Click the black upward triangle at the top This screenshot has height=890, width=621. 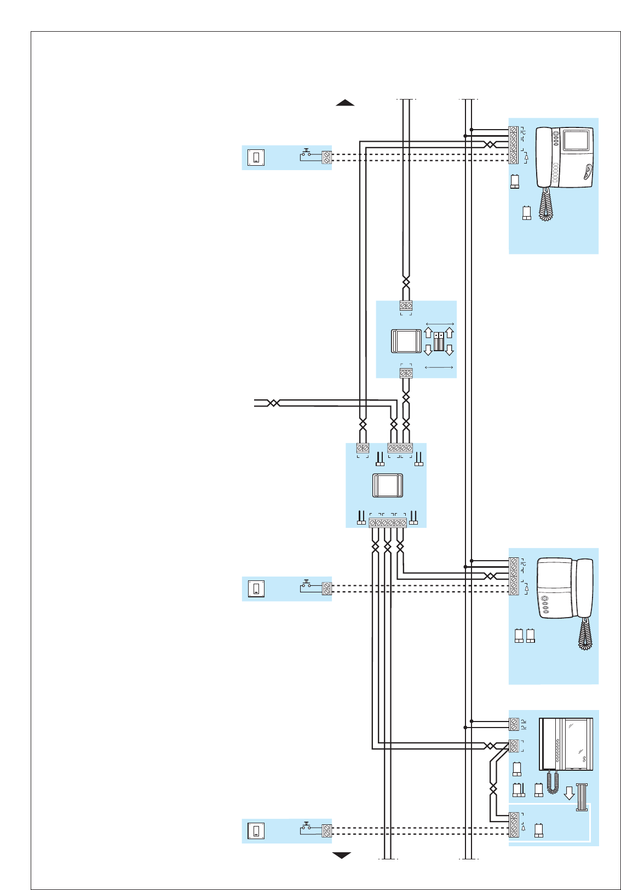click(345, 102)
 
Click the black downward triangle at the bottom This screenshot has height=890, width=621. click(342, 855)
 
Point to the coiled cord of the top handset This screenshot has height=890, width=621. click(546, 205)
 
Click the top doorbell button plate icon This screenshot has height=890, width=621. click(256, 158)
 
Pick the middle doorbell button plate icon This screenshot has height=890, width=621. click(256, 589)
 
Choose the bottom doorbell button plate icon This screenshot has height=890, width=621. click(256, 831)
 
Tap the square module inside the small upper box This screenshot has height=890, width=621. click(406, 341)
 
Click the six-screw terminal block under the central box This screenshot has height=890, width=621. click(388, 523)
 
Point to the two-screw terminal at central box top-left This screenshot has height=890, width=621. click(363, 448)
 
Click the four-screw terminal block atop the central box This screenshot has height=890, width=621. click(400, 448)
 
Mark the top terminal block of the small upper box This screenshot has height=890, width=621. click(406, 305)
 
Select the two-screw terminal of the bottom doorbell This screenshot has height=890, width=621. click(327, 831)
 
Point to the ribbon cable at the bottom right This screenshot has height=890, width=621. click(582, 797)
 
